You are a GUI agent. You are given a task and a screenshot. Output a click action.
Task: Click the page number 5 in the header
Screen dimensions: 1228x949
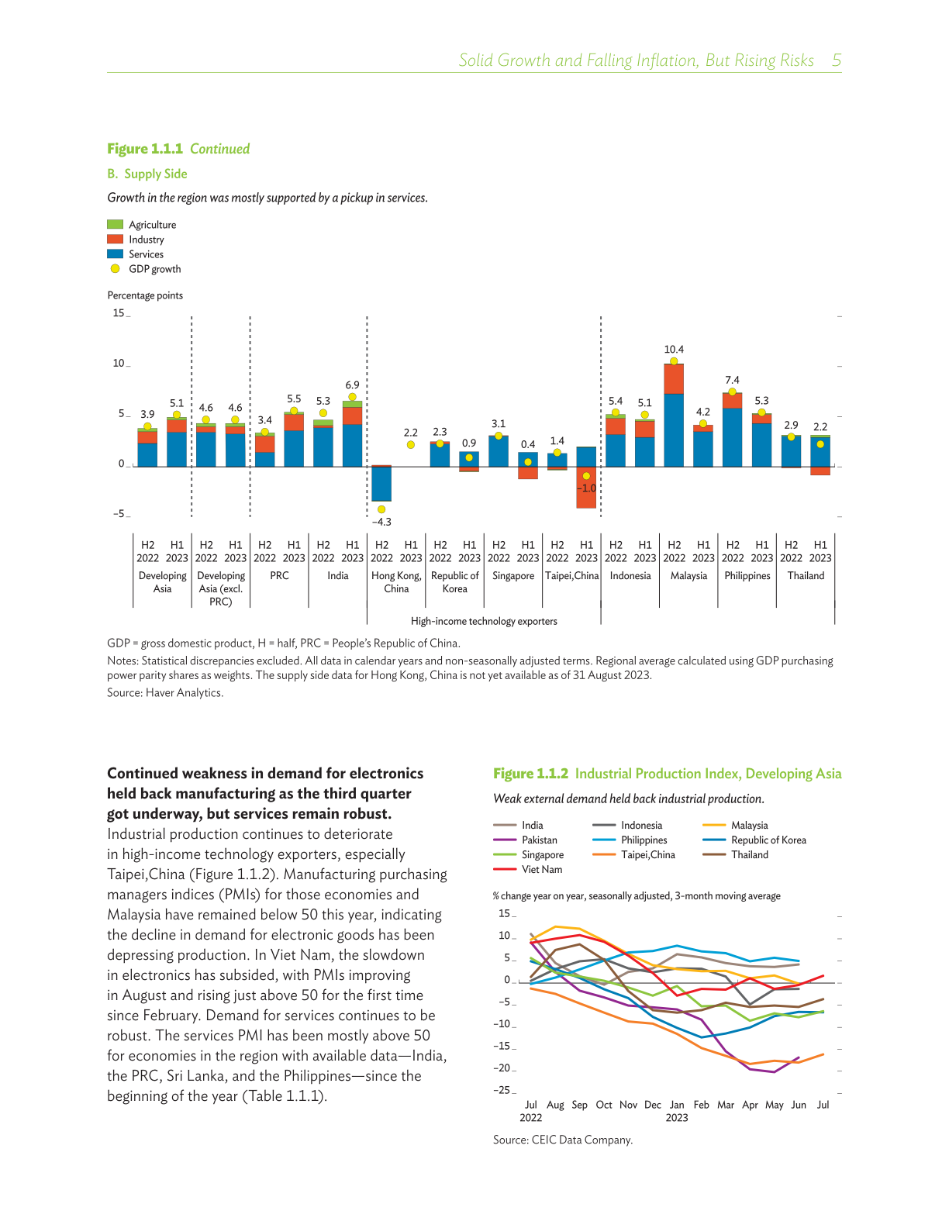tap(837, 60)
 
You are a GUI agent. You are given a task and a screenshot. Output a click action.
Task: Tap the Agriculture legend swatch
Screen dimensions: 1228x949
tap(115, 225)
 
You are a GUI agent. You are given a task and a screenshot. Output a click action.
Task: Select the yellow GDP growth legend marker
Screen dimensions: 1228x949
tap(115, 269)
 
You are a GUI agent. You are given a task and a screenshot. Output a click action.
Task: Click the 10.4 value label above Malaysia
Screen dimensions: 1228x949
tap(674, 350)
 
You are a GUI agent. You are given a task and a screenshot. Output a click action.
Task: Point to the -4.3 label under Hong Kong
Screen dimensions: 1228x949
tap(381, 522)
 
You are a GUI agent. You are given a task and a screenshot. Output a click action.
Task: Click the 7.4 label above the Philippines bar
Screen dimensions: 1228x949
tap(732, 380)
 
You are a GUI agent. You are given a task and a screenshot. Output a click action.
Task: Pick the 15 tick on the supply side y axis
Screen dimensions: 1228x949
tap(119, 313)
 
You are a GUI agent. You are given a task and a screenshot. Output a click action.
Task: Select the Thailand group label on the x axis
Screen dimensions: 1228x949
tap(806, 576)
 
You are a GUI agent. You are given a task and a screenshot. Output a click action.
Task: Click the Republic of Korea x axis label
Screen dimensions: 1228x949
tap(455, 582)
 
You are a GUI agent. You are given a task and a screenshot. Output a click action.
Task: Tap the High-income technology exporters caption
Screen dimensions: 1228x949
tap(484, 621)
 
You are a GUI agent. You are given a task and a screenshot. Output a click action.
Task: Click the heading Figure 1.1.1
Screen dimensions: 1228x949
tap(145, 149)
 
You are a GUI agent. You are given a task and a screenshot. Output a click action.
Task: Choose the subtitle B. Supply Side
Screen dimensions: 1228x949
tap(147, 174)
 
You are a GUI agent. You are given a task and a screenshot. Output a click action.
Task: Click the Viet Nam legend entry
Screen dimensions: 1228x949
tap(541, 870)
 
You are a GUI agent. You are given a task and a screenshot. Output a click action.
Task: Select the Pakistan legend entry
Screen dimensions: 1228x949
tap(539, 840)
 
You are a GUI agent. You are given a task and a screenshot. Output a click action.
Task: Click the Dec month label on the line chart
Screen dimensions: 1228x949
tap(653, 1105)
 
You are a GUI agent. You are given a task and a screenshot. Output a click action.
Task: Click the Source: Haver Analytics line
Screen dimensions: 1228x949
tap(165, 693)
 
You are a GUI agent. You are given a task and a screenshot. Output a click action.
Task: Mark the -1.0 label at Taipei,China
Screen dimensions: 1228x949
tap(587, 488)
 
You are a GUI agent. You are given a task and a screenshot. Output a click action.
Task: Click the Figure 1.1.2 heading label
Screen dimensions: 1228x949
tap(530, 774)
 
